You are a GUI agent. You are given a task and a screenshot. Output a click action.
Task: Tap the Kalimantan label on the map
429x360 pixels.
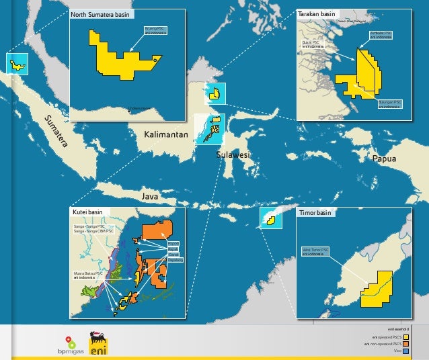[x=165, y=136]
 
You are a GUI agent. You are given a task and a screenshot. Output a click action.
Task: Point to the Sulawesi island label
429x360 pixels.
[x=233, y=155]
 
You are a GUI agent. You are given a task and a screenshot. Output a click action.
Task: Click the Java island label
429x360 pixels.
[x=150, y=197]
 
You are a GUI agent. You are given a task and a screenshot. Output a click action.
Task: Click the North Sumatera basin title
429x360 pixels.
[x=102, y=13]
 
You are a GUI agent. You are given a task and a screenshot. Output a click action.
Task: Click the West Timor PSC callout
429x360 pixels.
[x=315, y=251]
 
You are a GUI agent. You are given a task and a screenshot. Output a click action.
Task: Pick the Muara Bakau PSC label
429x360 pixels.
[x=88, y=275]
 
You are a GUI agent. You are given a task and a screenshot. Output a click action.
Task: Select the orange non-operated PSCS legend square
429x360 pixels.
[x=406, y=343]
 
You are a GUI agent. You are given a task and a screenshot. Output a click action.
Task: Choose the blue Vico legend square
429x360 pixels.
[x=406, y=350]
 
